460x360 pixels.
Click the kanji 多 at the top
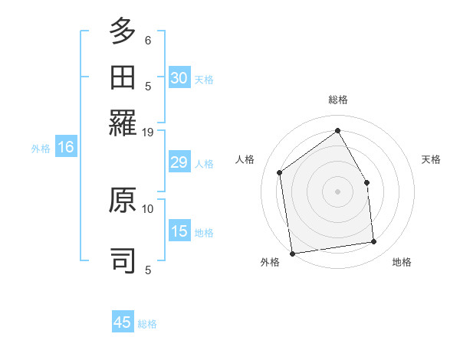click(x=123, y=31)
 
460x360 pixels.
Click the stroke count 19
click(x=148, y=132)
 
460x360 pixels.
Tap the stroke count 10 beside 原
click(x=148, y=208)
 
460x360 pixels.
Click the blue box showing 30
click(x=179, y=77)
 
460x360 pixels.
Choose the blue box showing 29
click(x=179, y=162)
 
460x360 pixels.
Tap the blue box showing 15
click(x=179, y=231)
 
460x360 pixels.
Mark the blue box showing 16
click(x=65, y=148)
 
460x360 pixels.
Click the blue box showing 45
click(x=123, y=322)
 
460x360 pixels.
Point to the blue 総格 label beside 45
click(x=147, y=324)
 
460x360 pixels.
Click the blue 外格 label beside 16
click(x=41, y=149)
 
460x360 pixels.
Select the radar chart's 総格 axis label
click(x=338, y=100)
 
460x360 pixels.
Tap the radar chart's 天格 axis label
click(x=431, y=159)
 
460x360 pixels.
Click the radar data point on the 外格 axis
click(x=292, y=253)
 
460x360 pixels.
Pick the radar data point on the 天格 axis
click(x=366, y=182)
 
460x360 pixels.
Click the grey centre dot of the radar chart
click(x=338, y=191)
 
